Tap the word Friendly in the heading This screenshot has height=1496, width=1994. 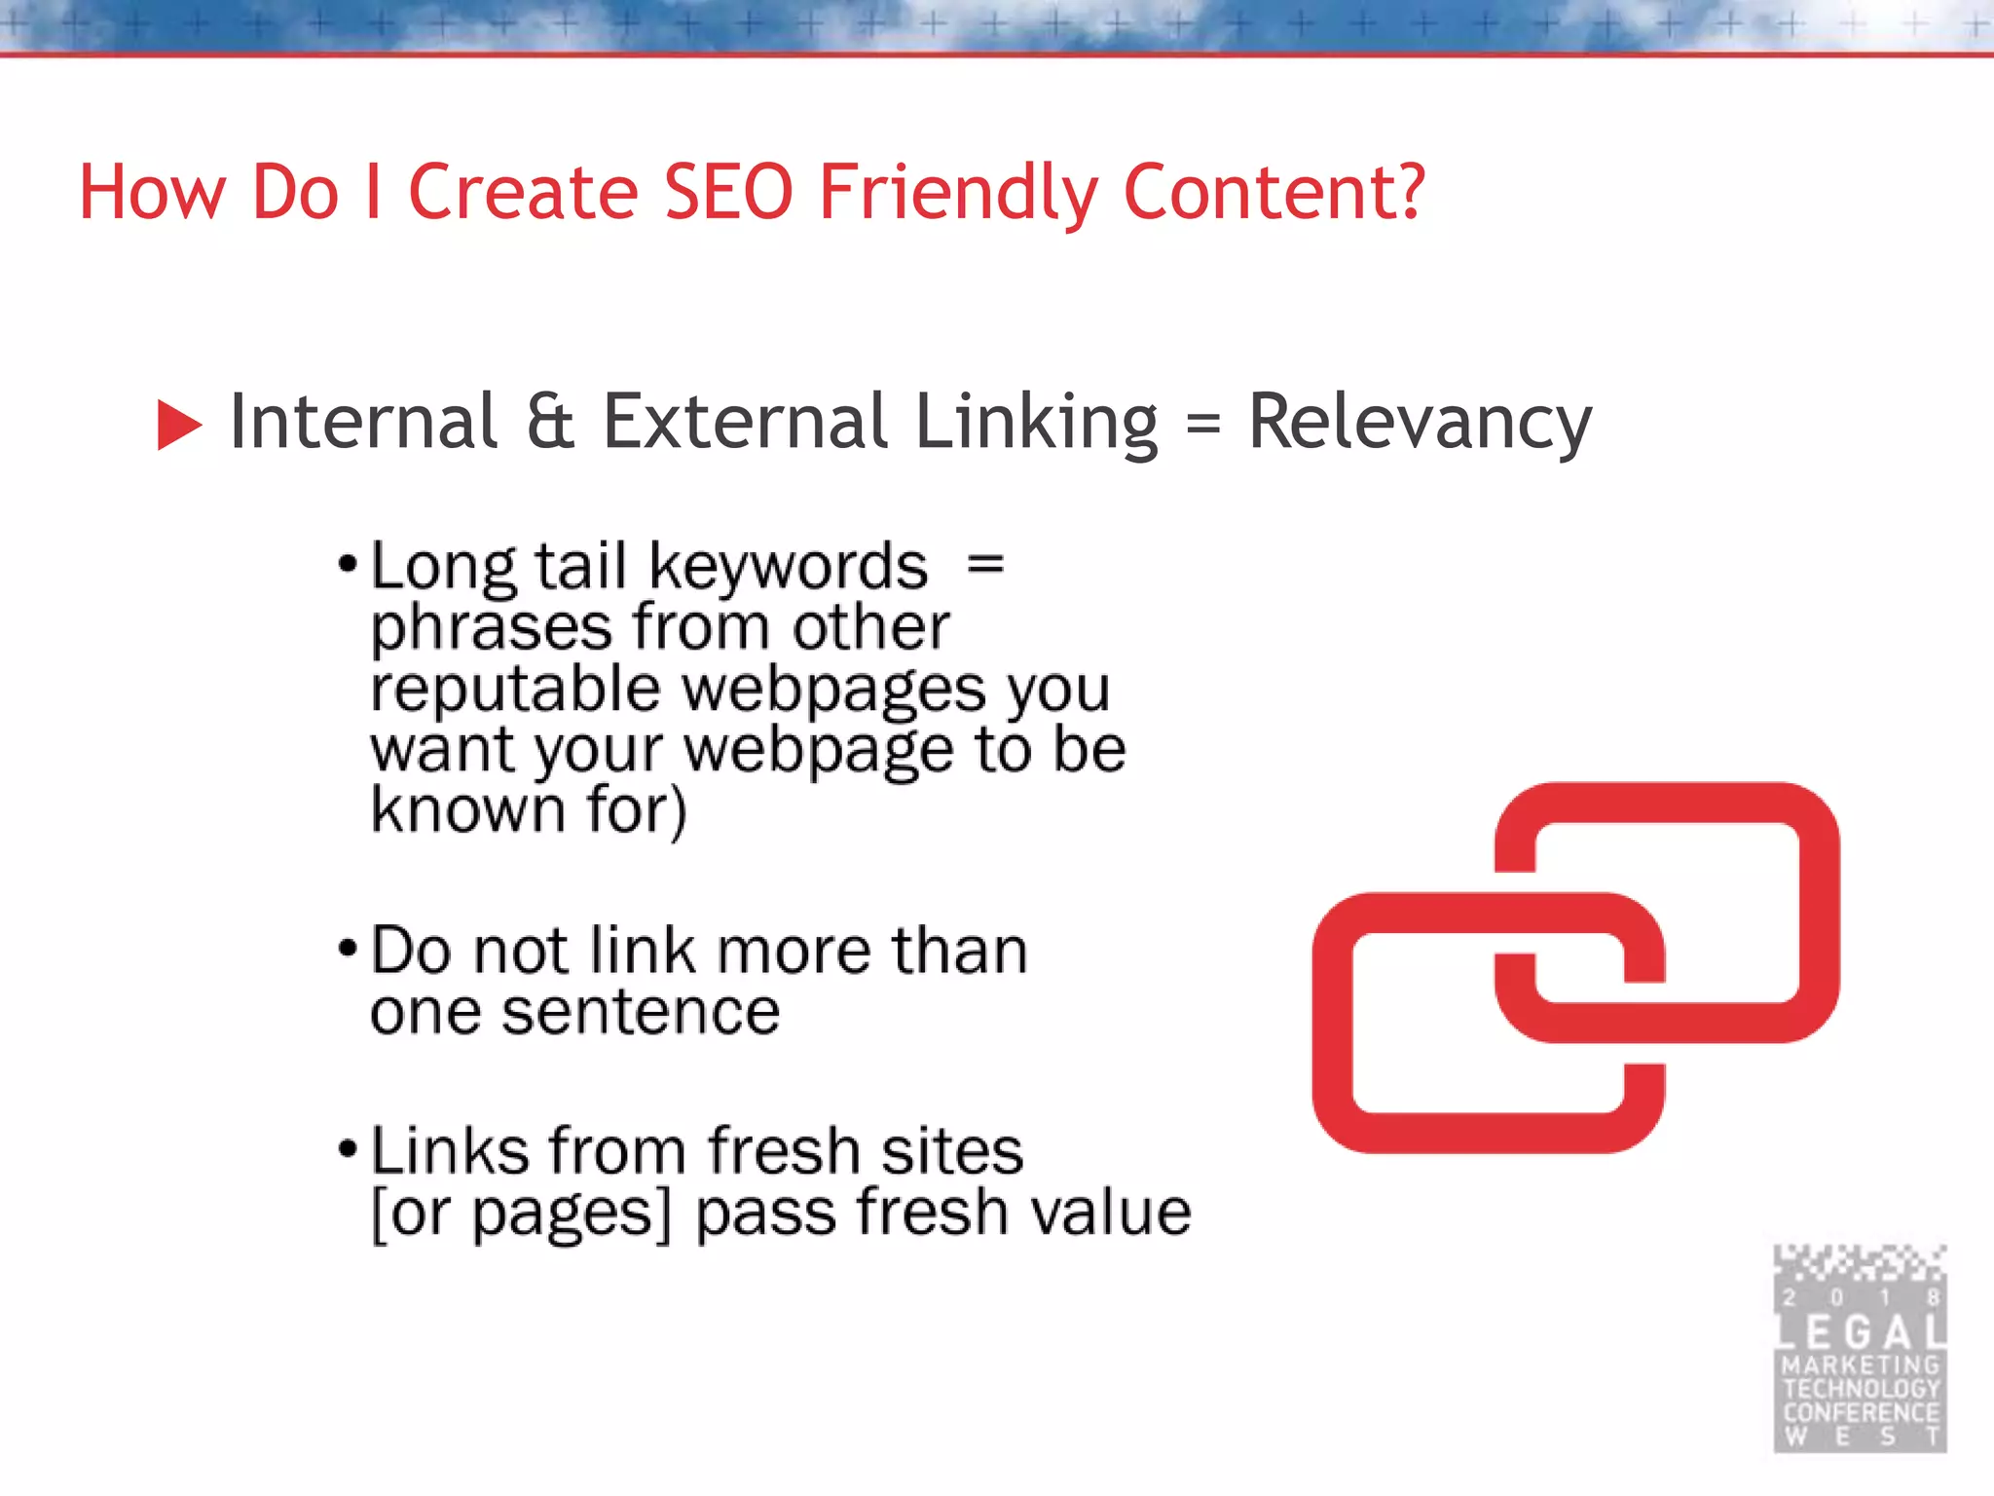click(x=958, y=192)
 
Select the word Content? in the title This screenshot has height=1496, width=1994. click(x=1274, y=192)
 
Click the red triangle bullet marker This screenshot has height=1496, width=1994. click(x=178, y=426)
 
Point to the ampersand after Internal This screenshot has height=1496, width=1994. click(x=550, y=422)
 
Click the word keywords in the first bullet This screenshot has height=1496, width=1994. click(x=788, y=567)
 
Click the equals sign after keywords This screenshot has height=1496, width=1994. click(x=985, y=563)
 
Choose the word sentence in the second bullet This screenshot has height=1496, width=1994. click(x=642, y=1012)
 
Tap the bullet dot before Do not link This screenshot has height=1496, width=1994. click(x=348, y=948)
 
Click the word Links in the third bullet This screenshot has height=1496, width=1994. click(x=449, y=1150)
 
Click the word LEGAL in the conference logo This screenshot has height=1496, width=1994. click(x=1861, y=1332)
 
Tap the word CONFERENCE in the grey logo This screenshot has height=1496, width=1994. click(x=1861, y=1412)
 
